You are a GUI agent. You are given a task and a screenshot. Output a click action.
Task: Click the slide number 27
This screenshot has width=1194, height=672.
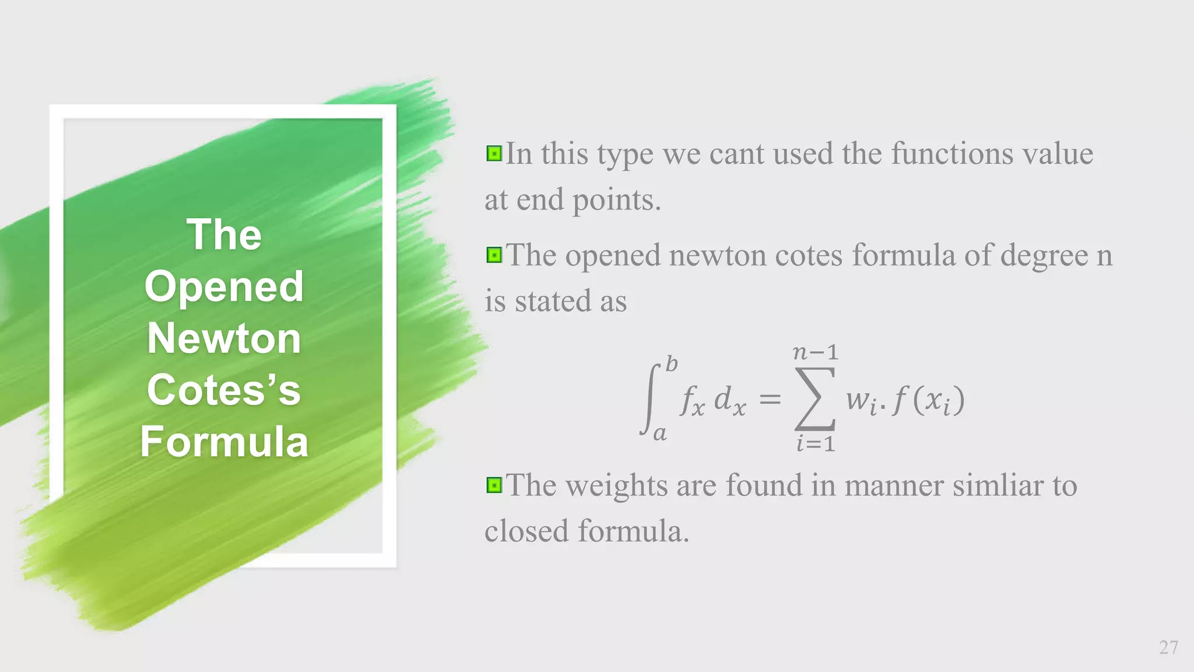pos(1168,647)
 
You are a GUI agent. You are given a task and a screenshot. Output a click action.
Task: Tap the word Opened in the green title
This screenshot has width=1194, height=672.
pos(224,287)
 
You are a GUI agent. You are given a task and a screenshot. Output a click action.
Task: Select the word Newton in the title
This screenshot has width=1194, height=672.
pos(224,338)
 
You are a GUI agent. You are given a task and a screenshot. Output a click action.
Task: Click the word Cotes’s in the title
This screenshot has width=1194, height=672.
pos(224,390)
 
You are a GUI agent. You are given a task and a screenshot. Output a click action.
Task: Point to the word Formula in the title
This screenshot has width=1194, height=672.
pos(224,442)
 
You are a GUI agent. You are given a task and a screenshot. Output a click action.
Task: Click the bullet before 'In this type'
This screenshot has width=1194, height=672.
pos(494,154)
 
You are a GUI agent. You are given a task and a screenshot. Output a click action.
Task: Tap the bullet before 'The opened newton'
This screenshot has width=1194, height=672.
pos(494,256)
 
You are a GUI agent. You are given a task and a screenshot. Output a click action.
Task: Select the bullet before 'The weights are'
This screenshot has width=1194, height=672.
pos(494,485)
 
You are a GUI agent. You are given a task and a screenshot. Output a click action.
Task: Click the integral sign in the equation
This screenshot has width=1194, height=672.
pos(651,399)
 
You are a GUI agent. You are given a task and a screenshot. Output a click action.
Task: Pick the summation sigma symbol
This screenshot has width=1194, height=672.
pos(816,399)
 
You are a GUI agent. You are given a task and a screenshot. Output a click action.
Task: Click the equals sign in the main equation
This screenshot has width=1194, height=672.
pos(770,400)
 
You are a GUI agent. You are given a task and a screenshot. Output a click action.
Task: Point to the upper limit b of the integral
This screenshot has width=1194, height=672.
pos(672,365)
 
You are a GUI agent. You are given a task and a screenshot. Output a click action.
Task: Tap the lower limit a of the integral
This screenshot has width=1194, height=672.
pos(660,433)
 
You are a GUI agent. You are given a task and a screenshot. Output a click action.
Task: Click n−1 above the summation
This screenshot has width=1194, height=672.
pos(816,352)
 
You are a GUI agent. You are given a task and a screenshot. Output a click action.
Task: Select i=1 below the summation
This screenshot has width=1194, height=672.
pos(816,444)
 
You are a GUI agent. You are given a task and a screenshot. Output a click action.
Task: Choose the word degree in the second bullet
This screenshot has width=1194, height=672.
pos(1044,256)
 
